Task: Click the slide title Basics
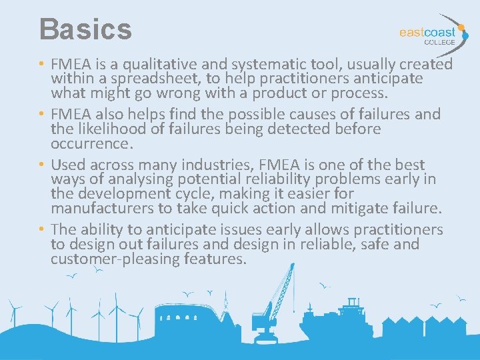(x=85, y=29)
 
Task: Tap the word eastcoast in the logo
(x=427, y=31)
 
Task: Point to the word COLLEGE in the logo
(x=440, y=42)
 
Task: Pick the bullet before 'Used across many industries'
(x=42, y=165)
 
